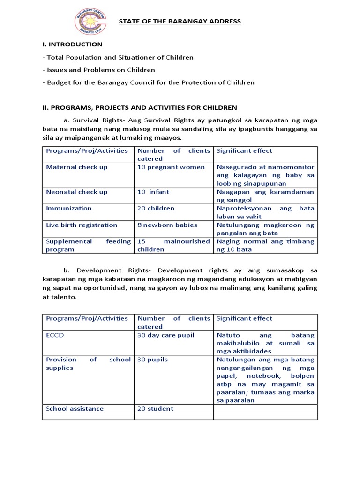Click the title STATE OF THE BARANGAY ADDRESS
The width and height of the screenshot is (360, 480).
[180, 21]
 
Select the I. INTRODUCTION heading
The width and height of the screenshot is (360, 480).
[72, 45]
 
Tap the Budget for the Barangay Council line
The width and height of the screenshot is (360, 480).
[148, 82]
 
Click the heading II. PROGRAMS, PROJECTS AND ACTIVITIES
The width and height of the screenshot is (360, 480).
[139, 108]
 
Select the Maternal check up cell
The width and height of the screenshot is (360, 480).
[77, 167]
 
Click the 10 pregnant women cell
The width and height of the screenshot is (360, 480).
[171, 167]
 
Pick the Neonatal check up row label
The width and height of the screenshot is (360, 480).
[77, 192]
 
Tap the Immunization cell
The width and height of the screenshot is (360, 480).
[69, 208]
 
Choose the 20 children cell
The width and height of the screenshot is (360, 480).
[156, 208]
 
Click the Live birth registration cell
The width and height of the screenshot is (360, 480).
[82, 225]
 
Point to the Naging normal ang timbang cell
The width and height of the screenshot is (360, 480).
[265, 245]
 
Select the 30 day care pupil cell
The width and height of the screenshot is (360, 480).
[166, 335]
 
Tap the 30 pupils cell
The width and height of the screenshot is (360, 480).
[152, 360]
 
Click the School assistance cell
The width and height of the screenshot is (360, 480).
[75, 409]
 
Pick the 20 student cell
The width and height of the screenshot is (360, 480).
[155, 409]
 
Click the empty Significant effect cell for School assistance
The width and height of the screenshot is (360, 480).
[265, 409]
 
